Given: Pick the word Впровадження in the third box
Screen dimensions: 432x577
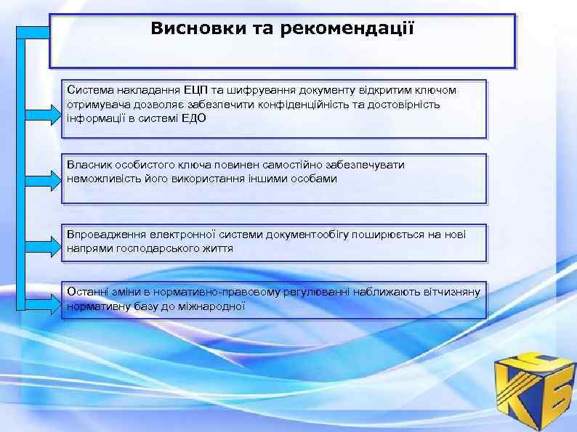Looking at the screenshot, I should pos(105,235).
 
